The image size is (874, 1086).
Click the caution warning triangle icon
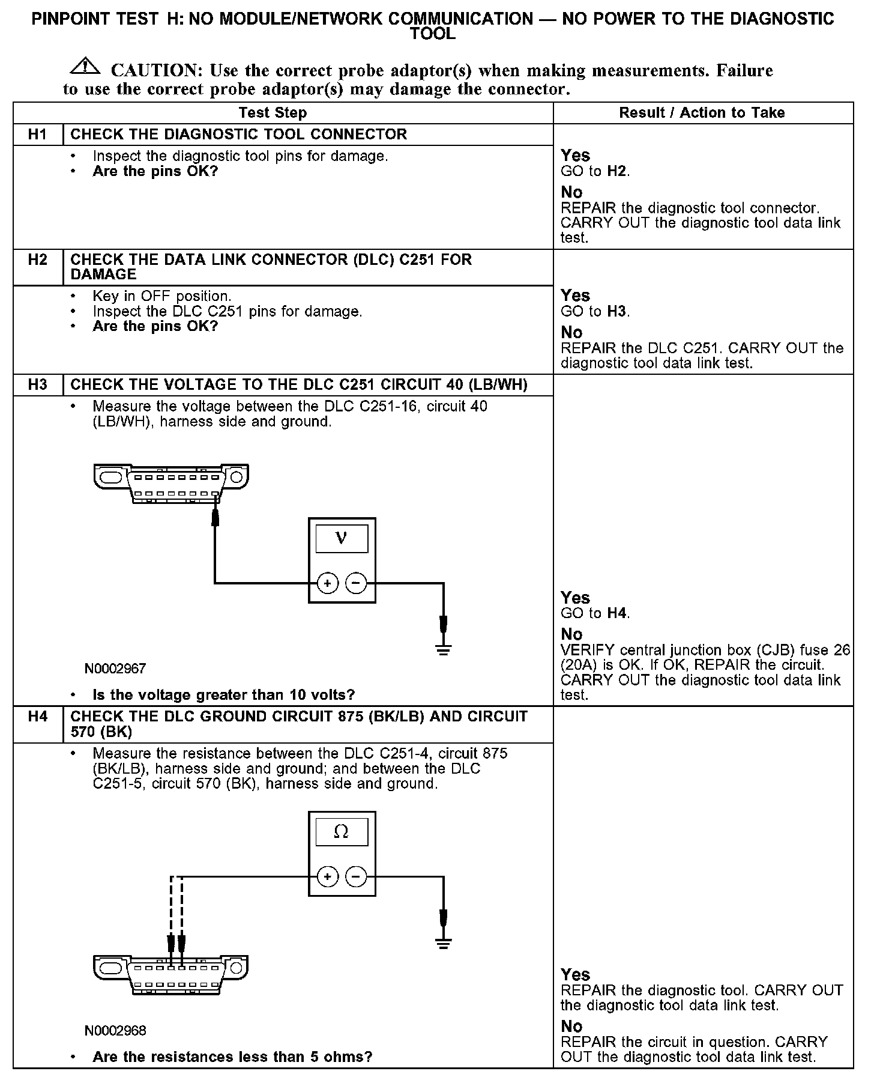coord(86,67)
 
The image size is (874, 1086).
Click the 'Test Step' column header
coord(273,113)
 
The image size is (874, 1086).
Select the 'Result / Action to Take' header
coord(702,113)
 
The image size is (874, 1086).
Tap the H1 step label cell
coord(37,135)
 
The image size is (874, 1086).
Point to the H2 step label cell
coord(37,260)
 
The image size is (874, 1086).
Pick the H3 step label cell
coord(37,385)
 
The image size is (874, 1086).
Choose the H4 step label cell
coord(37,717)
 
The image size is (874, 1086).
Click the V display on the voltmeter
coord(342,538)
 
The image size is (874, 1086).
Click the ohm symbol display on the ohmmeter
coord(342,831)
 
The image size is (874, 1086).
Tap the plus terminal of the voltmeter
coord(328,583)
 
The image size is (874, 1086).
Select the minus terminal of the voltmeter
coord(356,583)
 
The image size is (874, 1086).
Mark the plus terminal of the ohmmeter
coord(328,877)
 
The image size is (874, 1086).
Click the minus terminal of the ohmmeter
coord(356,877)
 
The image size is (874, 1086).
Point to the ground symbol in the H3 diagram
coord(444,649)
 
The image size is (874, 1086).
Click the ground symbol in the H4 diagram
coord(444,943)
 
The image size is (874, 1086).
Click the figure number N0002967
coord(115,669)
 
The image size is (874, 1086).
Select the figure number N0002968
coord(115,1031)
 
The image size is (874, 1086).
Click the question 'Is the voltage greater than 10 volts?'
coord(224,695)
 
